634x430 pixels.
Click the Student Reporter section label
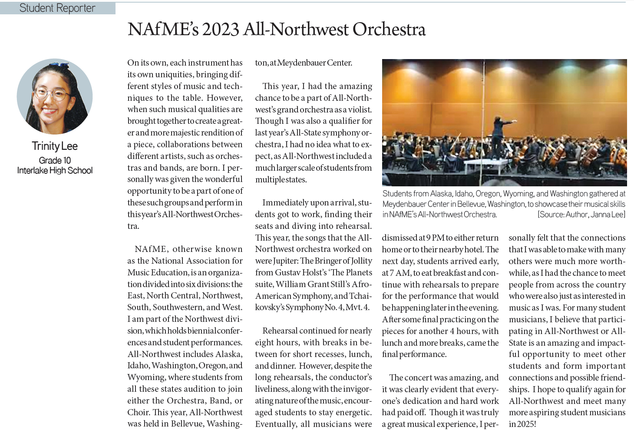tap(57, 8)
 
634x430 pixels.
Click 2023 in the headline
tap(221, 30)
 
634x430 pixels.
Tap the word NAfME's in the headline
tap(163, 30)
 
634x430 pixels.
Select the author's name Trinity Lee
tap(55, 146)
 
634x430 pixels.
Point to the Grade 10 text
tap(55, 160)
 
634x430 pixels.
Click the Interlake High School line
tap(55, 170)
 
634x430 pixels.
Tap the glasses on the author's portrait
tap(52, 93)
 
